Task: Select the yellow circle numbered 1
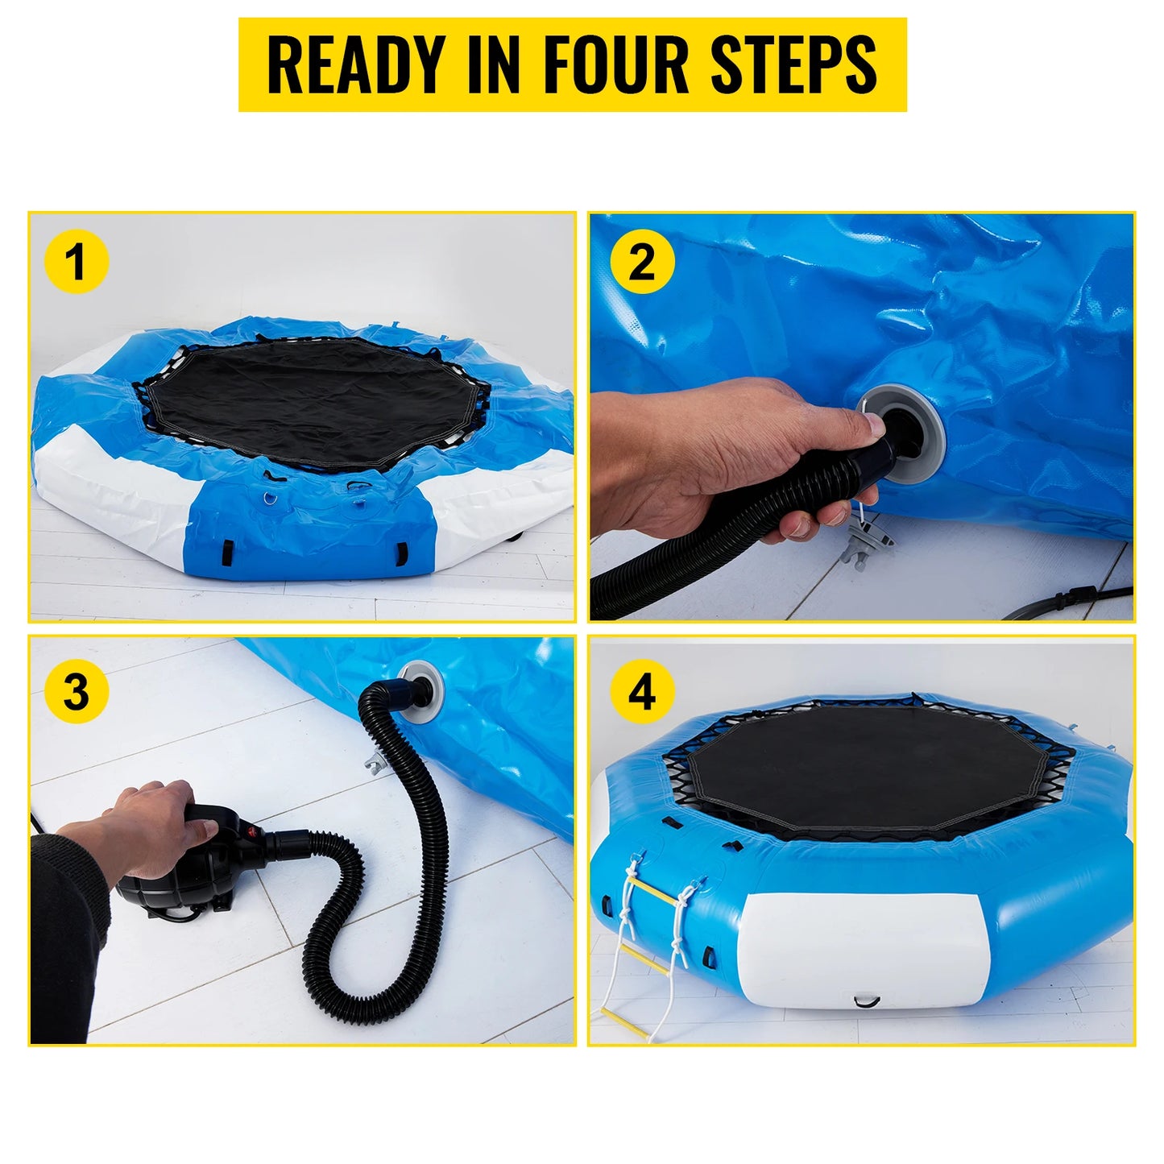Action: click(76, 262)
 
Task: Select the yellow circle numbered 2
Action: click(641, 262)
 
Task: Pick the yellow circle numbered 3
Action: click(76, 691)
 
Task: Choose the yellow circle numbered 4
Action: click(641, 691)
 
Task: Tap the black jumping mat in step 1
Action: click(298, 403)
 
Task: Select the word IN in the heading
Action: click(493, 64)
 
